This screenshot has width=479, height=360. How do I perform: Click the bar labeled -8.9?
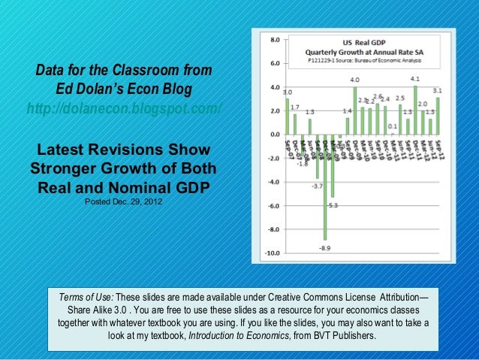325,188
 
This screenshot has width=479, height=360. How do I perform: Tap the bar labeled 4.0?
354,111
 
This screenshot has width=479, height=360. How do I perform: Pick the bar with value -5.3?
333,166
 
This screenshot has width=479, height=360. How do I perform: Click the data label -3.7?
318,186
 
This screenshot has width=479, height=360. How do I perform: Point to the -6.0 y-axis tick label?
274,206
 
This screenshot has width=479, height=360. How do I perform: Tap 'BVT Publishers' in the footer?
342,336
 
